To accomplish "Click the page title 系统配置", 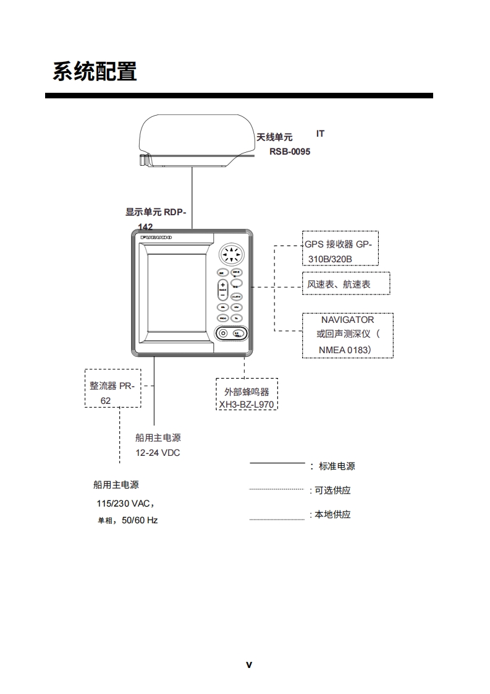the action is tap(95, 72).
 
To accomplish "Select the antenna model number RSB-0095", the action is tap(289, 152).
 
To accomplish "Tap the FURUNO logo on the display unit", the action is tap(156, 238).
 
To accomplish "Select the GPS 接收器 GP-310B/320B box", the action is tap(337, 251).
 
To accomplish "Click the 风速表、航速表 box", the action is tap(346, 285).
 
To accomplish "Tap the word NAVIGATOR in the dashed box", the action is tap(347, 320).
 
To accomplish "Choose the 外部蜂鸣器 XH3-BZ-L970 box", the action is tap(247, 394).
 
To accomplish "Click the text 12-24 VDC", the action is tap(158, 453).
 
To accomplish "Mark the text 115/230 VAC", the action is tap(120, 503).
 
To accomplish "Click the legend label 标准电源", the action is tap(337, 466).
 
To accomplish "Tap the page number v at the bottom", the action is tap(249, 665).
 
